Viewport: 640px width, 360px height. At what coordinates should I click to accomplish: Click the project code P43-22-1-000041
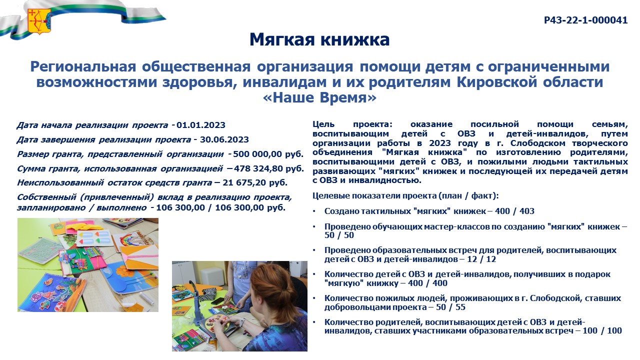(585, 20)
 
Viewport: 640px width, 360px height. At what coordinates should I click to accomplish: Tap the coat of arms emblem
(39, 21)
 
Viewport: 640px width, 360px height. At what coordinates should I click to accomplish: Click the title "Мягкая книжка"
(319, 39)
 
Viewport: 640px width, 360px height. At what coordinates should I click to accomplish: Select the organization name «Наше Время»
(319, 97)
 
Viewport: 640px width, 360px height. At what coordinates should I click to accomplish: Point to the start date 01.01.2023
(201, 125)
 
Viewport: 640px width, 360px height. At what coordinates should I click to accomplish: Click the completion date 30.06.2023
(224, 139)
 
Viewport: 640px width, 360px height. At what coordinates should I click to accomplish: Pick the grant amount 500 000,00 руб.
(268, 154)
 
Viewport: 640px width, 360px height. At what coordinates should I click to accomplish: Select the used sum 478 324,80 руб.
(269, 168)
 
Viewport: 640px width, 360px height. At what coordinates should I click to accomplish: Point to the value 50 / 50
(339, 235)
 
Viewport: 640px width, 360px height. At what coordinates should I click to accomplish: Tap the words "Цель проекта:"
(352, 124)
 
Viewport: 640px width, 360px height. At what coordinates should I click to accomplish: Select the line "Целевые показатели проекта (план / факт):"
(405, 195)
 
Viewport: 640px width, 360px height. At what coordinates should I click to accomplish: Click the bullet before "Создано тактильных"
(314, 211)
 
